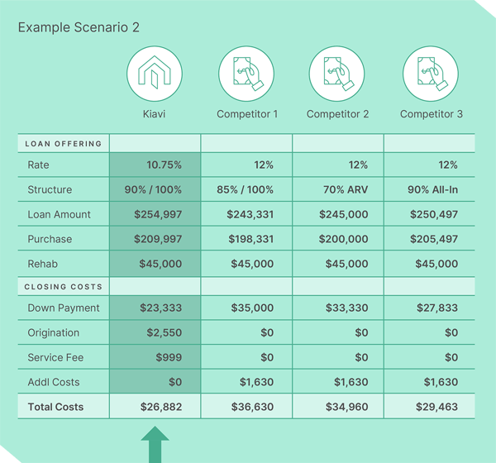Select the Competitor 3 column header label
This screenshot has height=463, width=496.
pos(430,114)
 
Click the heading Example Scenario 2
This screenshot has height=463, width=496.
pos(79,27)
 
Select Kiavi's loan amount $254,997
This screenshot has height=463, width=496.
pos(157,215)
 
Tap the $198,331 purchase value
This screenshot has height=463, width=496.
pos(250,240)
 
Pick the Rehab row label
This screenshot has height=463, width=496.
pos(42,265)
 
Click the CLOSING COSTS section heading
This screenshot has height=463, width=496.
pos(64,287)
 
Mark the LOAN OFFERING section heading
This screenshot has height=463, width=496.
pos(64,144)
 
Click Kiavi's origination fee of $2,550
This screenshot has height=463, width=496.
pos(164,333)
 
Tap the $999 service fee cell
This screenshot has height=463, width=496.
pos(168,358)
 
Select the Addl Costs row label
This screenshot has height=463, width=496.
pos(54,383)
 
